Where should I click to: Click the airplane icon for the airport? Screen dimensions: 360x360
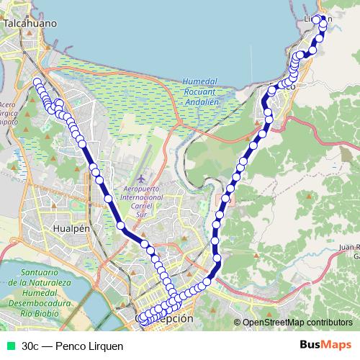pyautogui.click(x=142, y=176)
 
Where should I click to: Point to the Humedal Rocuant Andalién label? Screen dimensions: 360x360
pyautogui.click(x=199, y=92)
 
